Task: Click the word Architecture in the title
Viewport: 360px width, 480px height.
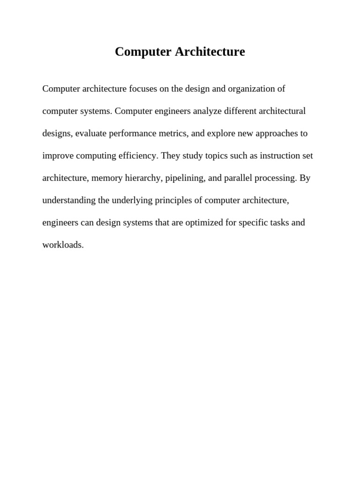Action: coord(210,52)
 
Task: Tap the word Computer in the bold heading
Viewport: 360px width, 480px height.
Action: coord(143,52)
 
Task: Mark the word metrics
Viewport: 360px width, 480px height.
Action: coord(173,133)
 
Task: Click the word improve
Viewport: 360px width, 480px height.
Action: coord(57,156)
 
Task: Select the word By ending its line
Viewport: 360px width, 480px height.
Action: coord(305,178)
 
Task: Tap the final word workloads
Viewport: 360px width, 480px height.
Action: coord(63,245)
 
